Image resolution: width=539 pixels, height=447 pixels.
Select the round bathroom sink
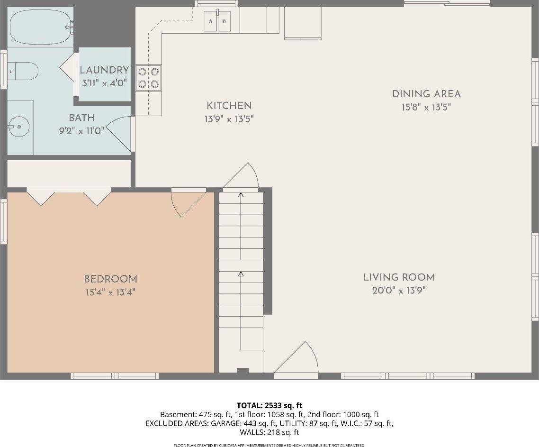(x=18, y=127)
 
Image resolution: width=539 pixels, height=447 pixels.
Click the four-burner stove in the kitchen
(x=148, y=78)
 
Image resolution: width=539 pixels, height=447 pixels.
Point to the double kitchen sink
(x=217, y=21)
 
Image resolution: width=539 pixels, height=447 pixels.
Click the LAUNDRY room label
(x=104, y=70)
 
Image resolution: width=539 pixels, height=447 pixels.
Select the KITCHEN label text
(x=229, y=106)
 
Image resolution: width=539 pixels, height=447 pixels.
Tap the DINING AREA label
(x=426, y=94)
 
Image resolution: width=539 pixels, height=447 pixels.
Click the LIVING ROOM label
(x=399, y=277)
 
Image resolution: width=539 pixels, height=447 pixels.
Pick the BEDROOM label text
(x=110, y=279)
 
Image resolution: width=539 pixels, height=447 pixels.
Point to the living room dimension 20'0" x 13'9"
(x=399, y=291)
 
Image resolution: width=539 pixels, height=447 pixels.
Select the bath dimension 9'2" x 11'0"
(x=81, y=131)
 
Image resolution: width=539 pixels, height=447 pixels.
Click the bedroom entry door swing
(x=187, y=202)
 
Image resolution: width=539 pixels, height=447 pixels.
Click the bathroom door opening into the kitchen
(x=119, y=136)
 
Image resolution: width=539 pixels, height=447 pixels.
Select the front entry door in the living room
(x=297, y=360)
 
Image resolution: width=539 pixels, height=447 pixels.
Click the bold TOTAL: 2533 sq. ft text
(x=269, y=405)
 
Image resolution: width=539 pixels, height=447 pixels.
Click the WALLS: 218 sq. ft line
(x=269, y=432)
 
